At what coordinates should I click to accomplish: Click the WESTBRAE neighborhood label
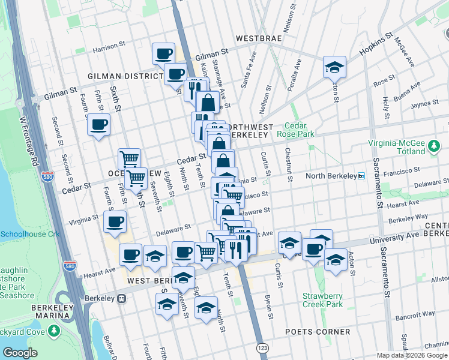pyautogui.click(x=259, y=38)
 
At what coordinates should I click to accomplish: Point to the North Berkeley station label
pyautogui.click(x=331, y=176)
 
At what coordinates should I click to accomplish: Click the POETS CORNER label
pyautogui.click(x=327, y=332)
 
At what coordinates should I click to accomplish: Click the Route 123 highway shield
pyautogui.click(x=262, y=347)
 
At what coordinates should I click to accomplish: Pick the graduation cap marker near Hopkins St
pyautogui.click(x=334, y=67)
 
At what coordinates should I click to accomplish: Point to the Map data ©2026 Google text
pyautogui.click(x=412, y=355)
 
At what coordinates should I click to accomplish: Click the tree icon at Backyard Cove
pyautogui.click(x=54, y=331)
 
